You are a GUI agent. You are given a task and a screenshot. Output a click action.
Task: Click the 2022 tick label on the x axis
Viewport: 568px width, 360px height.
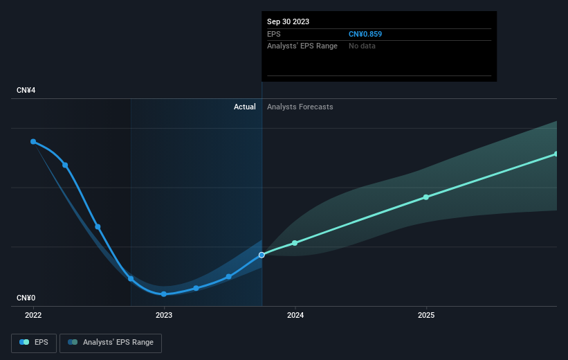pos(33,315)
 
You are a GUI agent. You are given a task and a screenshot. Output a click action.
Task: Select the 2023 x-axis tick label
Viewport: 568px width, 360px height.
pos(164,315)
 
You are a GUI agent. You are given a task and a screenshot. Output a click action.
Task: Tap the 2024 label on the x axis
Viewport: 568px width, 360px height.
pos(295,315)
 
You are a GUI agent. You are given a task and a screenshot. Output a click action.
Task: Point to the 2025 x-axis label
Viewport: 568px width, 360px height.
pos(426,315)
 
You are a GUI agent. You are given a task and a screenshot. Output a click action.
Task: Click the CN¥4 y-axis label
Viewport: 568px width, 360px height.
pos(26,90)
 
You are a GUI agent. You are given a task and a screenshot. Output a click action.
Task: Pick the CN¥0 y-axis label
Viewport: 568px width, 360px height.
pos(26,298)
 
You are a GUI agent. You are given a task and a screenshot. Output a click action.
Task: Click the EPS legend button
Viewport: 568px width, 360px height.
pos(34,343)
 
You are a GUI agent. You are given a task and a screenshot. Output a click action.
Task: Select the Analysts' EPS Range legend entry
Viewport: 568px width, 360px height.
pos(111,343)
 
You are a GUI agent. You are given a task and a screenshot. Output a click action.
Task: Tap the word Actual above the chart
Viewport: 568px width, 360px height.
pos(244,107)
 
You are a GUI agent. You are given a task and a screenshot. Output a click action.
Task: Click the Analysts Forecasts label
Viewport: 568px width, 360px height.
pos(300,107)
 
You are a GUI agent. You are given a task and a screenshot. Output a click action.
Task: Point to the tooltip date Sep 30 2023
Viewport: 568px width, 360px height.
pos(288,21)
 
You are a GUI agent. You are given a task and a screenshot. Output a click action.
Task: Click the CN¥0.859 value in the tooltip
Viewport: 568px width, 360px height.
pos(365,34)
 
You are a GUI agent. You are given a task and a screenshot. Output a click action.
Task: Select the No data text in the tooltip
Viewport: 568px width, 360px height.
pos(362,46)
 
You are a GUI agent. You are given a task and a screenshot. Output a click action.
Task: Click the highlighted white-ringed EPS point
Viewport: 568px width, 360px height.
pos(262,255)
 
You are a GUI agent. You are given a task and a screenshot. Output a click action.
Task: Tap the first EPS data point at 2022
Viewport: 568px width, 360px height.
pos(33,141)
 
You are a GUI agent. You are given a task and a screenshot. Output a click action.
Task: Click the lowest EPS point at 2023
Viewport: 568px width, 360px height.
pos(164,294)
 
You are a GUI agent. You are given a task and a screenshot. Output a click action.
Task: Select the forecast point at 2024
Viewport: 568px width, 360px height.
pos(295,243)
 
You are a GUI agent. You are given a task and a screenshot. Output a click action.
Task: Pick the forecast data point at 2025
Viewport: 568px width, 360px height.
pos(426,197)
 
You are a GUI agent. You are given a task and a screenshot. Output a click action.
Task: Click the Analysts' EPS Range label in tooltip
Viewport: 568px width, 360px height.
pos(302,46)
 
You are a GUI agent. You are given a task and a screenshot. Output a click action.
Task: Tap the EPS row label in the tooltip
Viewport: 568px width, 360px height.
pos(274,34)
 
